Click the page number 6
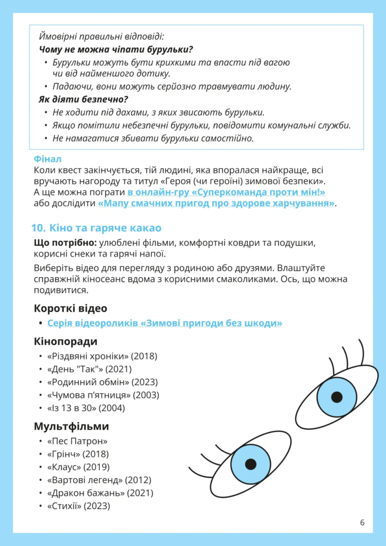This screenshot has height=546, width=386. [362, 522]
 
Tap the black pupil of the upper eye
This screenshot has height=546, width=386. [336, 397]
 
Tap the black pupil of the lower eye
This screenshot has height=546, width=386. [251, 463]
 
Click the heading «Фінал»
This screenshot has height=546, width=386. [47, 159]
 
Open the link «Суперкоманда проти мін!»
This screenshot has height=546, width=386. [227, 192]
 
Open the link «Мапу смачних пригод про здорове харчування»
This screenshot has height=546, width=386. [216, 204]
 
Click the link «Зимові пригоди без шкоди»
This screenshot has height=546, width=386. [165, 323]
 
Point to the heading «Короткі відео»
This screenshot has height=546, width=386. [70, 308]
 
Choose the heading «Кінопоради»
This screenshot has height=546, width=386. [66, 341]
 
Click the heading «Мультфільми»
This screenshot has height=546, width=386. [71, 427]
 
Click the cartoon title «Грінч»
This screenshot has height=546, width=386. [65, 454]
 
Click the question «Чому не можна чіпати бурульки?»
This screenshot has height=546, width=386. [116, 50]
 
